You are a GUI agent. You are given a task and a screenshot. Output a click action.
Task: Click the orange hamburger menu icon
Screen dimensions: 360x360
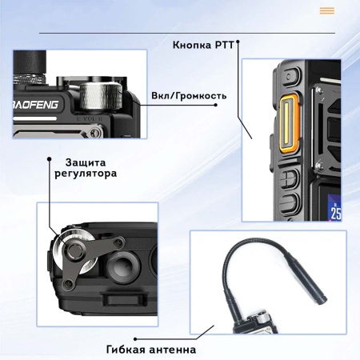pyautogui.click(x=326, y=10)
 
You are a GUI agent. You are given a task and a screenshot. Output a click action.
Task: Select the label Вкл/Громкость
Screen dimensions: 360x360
pyautogui.click(x=189, y=95)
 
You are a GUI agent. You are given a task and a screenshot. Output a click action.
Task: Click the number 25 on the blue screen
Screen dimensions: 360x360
pyautogui.click(x=336, y=213)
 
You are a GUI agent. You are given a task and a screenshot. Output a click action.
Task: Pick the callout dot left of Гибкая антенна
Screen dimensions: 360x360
pyautogui.click(x=214, y=327)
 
